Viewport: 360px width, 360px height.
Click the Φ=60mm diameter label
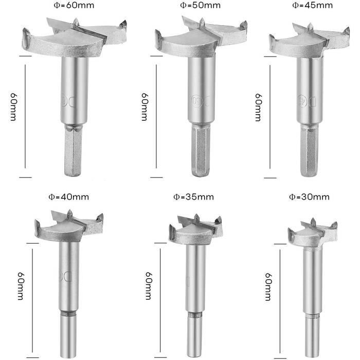point(74,5)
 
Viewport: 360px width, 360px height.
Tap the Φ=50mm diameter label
point(200,5)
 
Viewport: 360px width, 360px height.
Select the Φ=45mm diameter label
point(313,5)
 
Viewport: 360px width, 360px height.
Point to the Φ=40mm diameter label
point(68,197)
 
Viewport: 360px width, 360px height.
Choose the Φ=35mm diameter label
point(193,197)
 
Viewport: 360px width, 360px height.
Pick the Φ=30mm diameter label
point(309,197)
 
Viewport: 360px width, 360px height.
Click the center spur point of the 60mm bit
point(76,22)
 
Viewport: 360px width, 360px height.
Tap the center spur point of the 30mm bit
point(313,222)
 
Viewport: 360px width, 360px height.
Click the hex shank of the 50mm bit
point(201,150)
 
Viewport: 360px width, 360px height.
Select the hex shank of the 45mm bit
point(309,150)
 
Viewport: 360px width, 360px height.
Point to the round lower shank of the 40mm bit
point(68,334)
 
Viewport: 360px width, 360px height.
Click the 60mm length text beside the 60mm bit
point(13,107)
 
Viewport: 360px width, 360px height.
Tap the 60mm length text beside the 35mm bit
point(149,286)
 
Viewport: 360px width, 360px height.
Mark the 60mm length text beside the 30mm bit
point(268,287)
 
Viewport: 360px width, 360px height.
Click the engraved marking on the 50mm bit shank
point(200,100)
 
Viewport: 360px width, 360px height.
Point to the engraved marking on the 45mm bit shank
point(307,101)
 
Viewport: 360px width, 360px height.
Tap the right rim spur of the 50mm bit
point(244,25)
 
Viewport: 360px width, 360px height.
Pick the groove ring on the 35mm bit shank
point(195,315)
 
